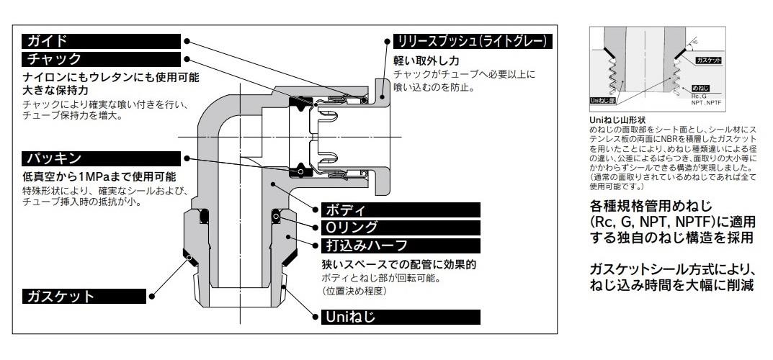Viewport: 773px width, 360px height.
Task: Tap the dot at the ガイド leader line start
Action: (187, 42)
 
